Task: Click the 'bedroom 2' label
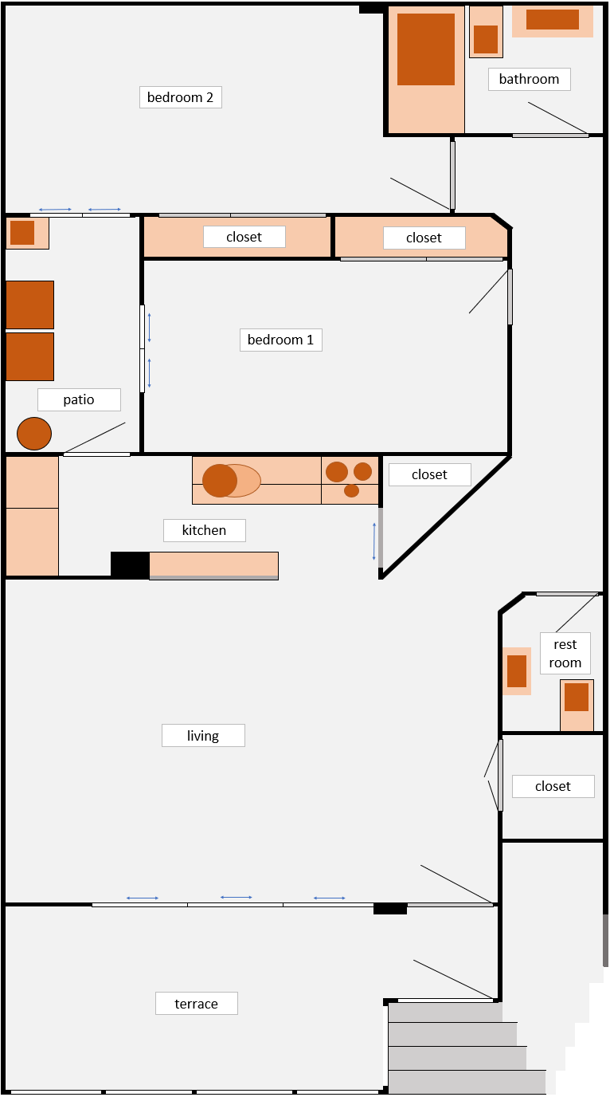[x=180, y=97]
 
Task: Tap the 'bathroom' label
[x=529, y=79]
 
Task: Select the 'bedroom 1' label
[x=280, y=340]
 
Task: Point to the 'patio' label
[x=79, y=399]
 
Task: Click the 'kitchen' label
[x=204, y=530]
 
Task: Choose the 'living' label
[x=203, y=736]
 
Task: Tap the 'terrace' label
[x=196, y=1004]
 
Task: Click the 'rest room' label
[x=565, y=653]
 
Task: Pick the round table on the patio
[x=34, y=434]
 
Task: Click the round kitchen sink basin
[x=220, y=481]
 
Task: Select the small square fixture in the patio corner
[x=22, y=233]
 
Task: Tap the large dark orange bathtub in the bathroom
[x=425, y=49]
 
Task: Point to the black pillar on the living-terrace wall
[x=390, y=909]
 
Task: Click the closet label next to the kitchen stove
[x=429, y=474]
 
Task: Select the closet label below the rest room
[x=553, y=786]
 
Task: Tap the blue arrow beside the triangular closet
[x=374, y=541]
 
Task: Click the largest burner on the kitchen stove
[x=337, y=472]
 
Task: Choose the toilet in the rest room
[x=577, y=705]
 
